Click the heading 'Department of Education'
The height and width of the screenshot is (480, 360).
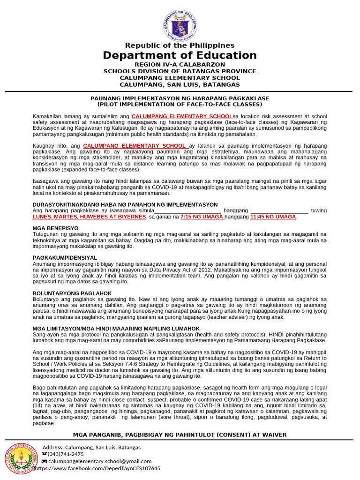[x=180, y=55]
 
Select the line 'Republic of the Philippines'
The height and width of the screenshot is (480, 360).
[x=180, y=45]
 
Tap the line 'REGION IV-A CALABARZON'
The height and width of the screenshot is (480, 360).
[x=180, y=64]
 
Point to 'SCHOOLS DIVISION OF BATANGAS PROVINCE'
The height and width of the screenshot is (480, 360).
[x=180, y=71]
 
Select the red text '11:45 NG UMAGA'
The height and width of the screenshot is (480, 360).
[x=273, y=217]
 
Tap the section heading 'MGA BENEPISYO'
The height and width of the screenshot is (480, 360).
[x=55, y=228]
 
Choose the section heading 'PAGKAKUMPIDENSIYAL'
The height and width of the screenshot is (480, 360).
[x=65, y=258]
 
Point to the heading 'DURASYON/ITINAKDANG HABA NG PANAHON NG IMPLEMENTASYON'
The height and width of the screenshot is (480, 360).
[x=125, y=205]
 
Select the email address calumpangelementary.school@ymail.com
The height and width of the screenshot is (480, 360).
[x=100, y=461]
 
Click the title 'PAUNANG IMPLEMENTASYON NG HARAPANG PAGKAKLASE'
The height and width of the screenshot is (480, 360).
[x=180, y=98]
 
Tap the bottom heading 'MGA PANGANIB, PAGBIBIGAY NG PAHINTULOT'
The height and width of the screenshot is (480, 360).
[x=180, y=435]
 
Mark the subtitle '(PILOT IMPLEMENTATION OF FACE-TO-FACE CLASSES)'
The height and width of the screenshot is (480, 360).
[x=180, y=104]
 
